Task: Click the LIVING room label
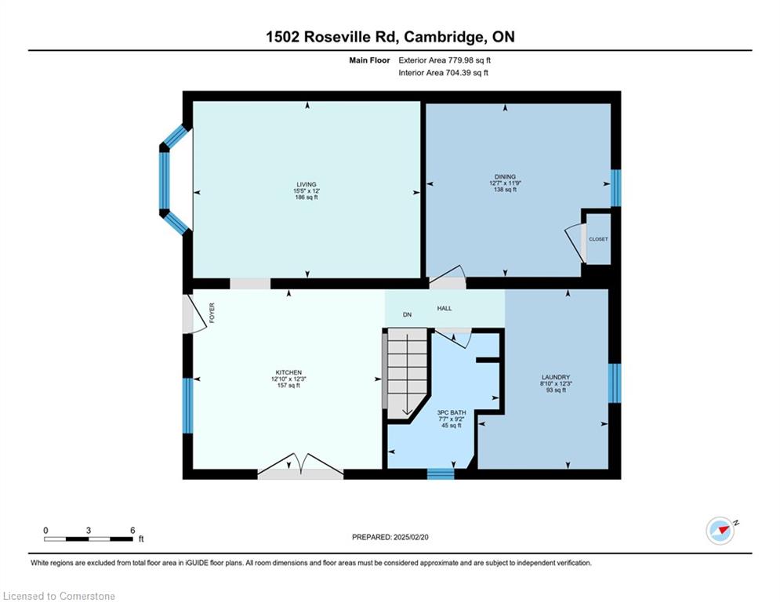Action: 307,184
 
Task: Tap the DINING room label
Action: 505,176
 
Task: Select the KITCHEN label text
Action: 288,372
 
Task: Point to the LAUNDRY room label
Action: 556,378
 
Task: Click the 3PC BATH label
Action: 452,412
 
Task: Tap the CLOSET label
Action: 598,239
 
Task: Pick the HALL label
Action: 444,309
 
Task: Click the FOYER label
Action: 212,313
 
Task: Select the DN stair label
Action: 407,315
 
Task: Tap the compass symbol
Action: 720,531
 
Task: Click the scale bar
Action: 89,539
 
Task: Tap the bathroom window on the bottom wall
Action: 441,473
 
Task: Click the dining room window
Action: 615,188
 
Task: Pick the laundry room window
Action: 615,383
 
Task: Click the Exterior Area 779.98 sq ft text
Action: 444,60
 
